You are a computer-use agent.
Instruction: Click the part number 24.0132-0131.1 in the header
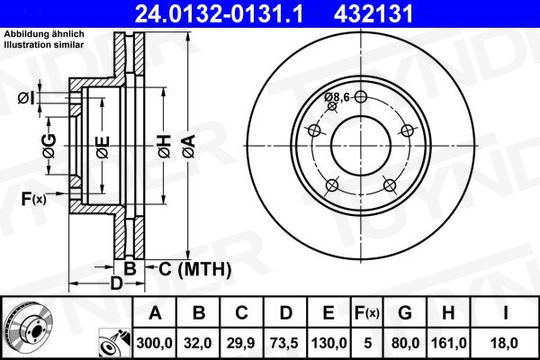coord(219,14)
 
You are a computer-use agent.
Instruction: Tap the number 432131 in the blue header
coord(373,14)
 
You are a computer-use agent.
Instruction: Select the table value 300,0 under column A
coord(154,343)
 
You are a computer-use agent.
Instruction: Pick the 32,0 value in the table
coord(198,343)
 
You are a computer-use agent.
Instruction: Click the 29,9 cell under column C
coord(241,343)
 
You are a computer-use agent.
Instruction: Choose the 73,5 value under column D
coord(284,343)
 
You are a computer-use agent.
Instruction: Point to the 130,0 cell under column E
coord(329,343)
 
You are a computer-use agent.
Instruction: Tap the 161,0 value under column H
coord(449,343)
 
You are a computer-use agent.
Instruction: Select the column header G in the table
coord(405,313)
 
